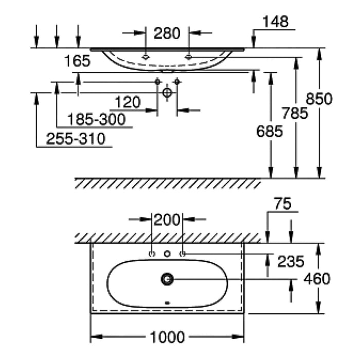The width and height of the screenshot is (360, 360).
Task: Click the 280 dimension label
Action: click(167, 34)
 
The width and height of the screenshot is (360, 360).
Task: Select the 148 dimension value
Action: click(275, 22)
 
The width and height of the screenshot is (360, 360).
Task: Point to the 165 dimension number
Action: click(78, 61)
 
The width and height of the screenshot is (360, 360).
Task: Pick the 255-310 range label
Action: click(76, 139)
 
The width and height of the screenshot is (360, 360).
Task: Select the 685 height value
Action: click(269, 132)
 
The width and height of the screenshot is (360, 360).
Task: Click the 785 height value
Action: click(295, 114)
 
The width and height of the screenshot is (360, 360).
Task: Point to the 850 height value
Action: click(319, 98)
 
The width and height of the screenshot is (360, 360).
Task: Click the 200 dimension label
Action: click(167, 220)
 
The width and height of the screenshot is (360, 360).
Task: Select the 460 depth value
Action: click(317, 279)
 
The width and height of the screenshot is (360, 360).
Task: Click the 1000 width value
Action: click(167, 337)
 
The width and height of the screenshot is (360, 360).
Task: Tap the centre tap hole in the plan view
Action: click(167, 254)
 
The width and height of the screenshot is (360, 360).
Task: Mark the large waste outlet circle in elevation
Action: click(167, 93)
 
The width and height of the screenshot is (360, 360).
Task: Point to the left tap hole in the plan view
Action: click(152, 254)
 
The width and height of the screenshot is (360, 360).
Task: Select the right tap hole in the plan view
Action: click(182, 254)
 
